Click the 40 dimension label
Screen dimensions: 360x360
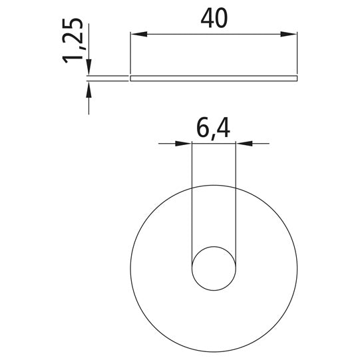(x=214, y=19)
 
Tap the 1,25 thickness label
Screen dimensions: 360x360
(x=73, y=41)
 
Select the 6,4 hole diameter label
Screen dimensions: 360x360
(x=214, y=129)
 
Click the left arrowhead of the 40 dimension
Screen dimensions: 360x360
(x=139, y=34)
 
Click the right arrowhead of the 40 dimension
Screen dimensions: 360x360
(x=289, y=34)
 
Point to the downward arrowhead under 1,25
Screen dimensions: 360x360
(x=89, y=67)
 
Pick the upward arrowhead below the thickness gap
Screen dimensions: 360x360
(x=89, y=90)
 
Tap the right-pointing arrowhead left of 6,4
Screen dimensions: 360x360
(x=183, y=144)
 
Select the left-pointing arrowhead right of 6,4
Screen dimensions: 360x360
(x=244, y=144)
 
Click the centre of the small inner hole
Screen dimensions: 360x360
(x=214, y=268)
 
